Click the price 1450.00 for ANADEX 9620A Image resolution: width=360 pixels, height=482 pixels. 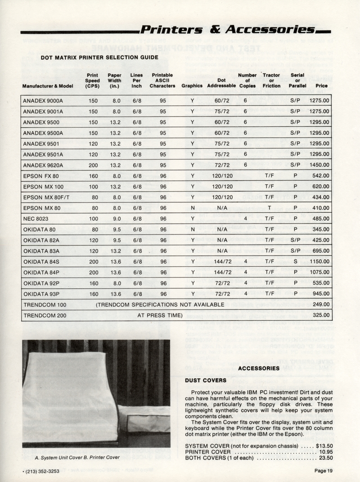point(319,165)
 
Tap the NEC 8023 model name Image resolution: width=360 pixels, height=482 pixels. point(35,219)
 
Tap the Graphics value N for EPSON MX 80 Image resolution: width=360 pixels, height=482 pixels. point(192,208)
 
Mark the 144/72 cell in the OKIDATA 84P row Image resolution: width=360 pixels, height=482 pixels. point(222,272)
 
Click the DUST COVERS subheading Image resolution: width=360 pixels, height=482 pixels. point(206,380)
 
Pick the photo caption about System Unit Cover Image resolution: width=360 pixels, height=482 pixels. point(76,458)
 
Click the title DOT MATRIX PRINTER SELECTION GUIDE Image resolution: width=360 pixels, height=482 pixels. point(99,57)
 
